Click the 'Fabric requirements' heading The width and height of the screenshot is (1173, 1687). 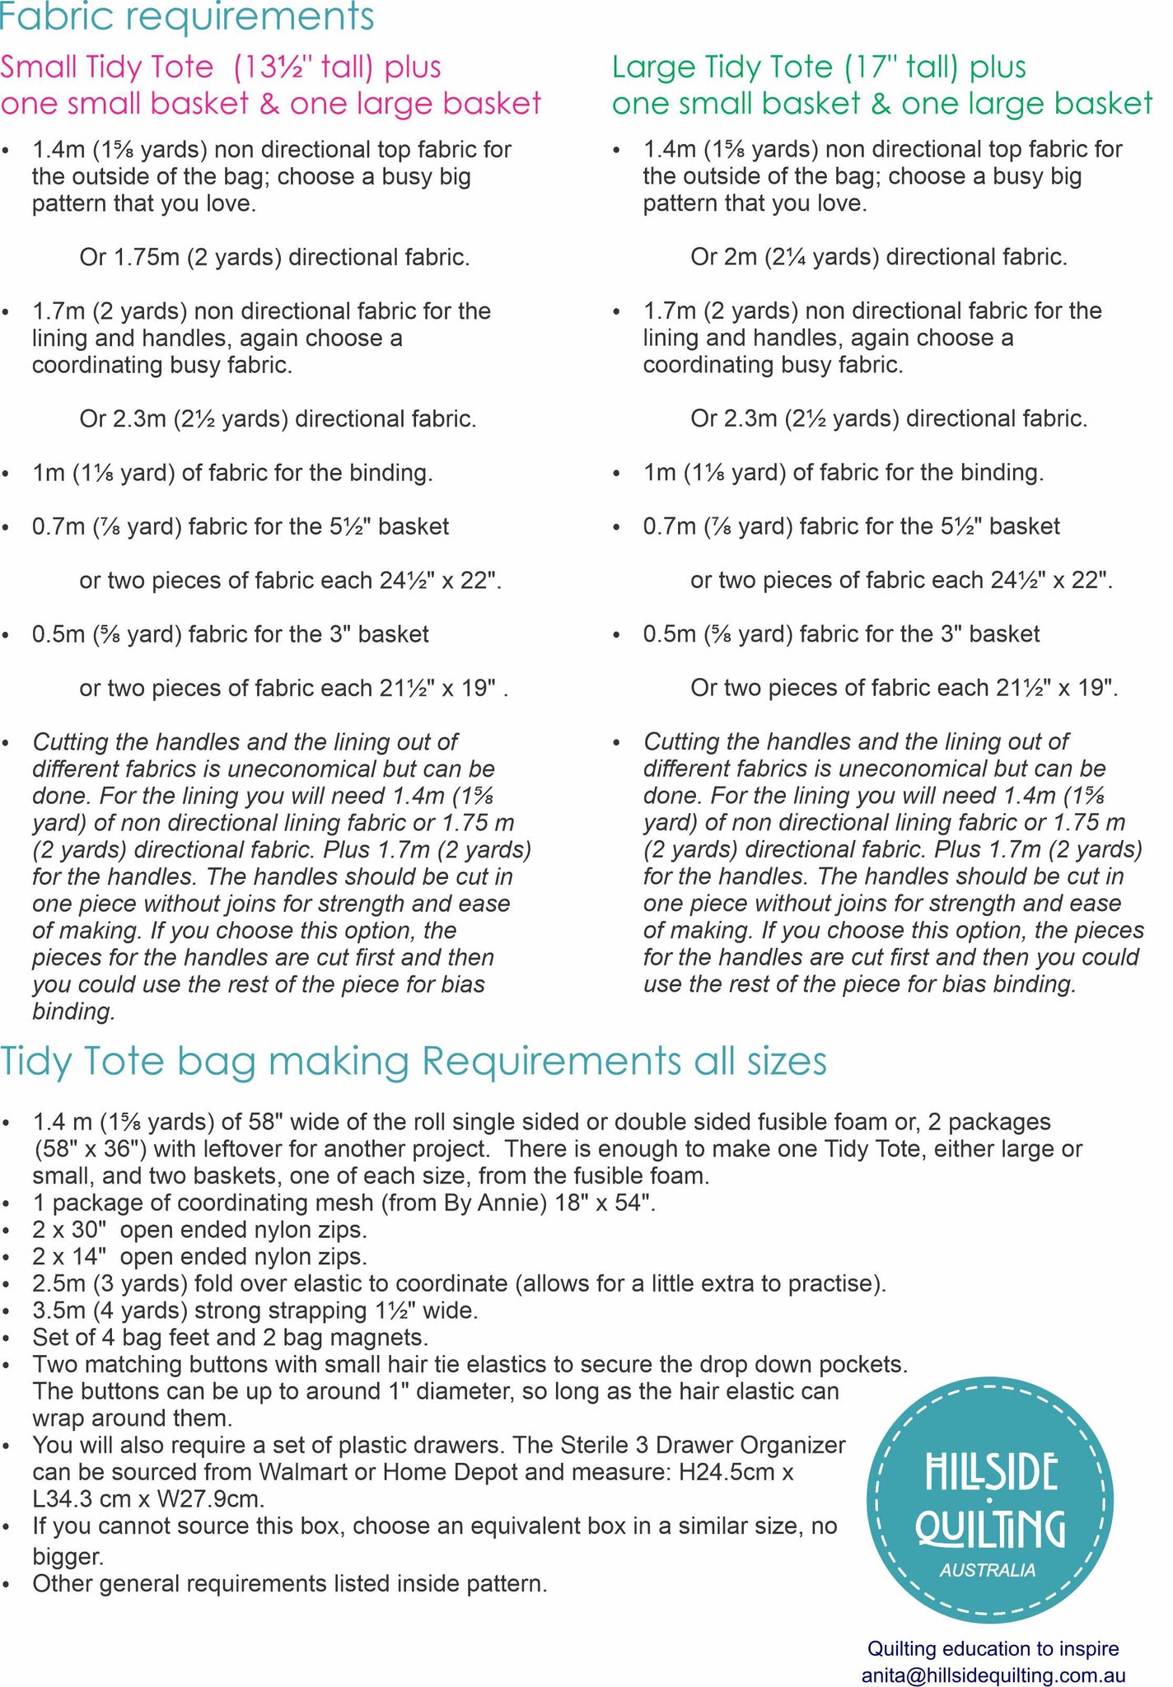(x=187, y=16)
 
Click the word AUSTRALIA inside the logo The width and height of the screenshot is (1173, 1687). (x=988, y=1570)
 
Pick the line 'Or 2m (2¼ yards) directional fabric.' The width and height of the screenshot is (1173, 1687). (x=879, y=258)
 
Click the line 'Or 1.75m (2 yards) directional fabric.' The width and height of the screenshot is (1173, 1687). (x=275, y=258)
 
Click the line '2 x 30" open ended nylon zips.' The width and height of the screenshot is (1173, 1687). (x=200, y=1230)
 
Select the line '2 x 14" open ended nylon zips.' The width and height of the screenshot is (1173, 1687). (x=200, y=1257)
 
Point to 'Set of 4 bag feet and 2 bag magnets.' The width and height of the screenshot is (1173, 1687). (x=230, y=1337)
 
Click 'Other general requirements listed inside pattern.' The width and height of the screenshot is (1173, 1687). (x=290, y=1583)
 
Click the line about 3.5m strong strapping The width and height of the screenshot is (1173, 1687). (x=255, y=1310)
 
